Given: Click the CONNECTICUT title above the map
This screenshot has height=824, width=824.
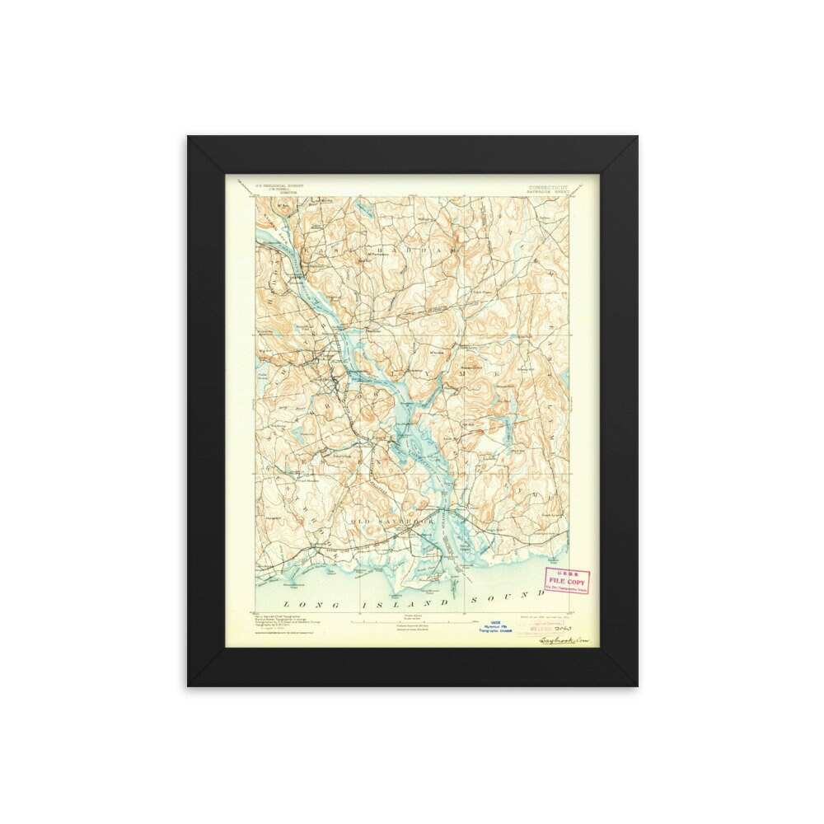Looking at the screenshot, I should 549,187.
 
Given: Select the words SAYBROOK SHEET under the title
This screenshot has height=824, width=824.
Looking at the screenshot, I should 549,193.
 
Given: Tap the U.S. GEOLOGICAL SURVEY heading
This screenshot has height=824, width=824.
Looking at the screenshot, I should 279,185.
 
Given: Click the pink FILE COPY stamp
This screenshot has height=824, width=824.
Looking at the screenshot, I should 568,581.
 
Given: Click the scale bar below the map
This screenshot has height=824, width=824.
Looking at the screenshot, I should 416,620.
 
